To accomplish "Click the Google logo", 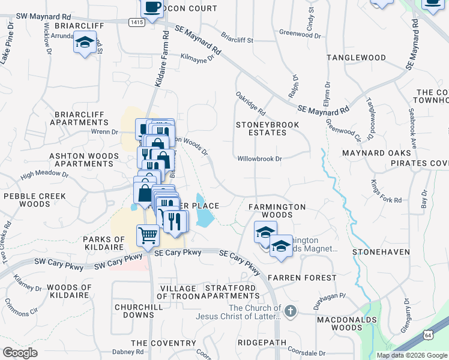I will [20, 353].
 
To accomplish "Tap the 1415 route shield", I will [136, 22].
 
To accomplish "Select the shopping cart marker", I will [148, 235].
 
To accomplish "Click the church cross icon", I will [291, 311].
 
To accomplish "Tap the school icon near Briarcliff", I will [85, 43].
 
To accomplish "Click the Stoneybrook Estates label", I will [261, 128].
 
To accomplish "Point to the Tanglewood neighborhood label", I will [356, 58].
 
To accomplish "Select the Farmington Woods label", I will [277, 211].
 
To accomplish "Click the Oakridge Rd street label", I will [250, 103].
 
